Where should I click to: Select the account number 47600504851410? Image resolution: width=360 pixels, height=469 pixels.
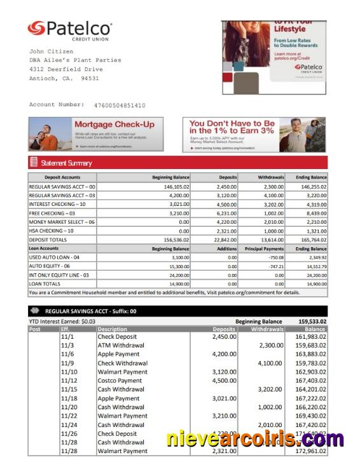[x=120, y=105]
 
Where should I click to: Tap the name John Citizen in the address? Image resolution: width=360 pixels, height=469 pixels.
[x=52, y=51]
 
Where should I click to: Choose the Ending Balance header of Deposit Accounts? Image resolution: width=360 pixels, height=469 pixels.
[x=310, y=177]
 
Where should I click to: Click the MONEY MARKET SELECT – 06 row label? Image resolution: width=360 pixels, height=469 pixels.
[x=62, y=222]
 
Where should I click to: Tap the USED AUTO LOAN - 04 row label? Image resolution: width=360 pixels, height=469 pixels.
[x=55, y=257]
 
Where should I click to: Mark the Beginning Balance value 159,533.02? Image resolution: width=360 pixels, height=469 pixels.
[x=312, y=322]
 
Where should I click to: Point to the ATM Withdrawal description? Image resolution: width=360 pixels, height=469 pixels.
[x=121, y=345]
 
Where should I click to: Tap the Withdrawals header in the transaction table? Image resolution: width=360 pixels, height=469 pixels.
[x=267, y=329]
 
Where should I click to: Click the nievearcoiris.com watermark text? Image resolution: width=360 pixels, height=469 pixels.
[x=254, y=438]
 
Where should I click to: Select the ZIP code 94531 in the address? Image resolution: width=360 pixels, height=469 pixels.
[x=90, y=78]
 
